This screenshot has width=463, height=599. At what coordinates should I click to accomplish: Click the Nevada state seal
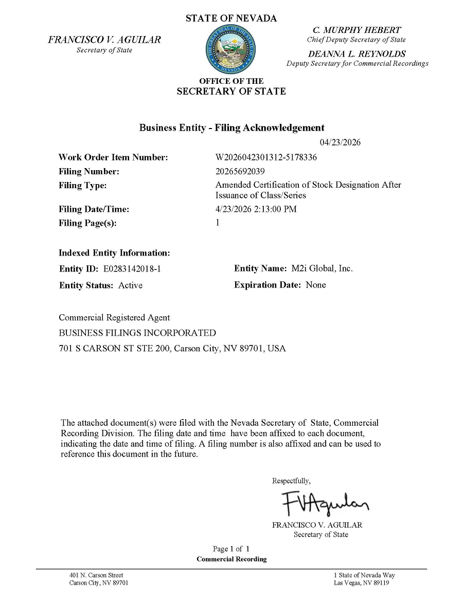point(231,50)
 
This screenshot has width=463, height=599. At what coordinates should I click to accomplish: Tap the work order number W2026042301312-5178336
point(266,157)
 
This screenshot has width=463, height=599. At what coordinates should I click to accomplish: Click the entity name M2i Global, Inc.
point(322,268)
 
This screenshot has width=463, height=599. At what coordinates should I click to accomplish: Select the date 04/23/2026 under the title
point(340,142)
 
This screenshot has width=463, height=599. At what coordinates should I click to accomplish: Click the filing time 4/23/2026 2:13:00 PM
point(256,209)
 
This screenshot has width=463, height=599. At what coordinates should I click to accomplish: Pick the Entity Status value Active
point(131,285)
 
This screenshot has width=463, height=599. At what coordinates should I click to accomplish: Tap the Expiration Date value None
point(316,285)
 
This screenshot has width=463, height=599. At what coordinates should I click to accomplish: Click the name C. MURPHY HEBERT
point(357,30)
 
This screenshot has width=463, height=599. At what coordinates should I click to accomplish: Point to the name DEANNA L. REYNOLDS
point(357,54)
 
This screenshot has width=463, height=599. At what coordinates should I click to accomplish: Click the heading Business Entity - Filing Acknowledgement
point(232,128)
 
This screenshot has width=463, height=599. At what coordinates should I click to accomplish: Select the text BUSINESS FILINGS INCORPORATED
point(137,333)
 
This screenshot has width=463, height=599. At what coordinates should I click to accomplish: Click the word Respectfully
point(291,481)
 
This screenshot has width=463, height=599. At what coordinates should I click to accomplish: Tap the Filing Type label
point(83,185)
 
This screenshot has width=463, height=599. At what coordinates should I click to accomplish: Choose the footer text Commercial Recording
point(232,559)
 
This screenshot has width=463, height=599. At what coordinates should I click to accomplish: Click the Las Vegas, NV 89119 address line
point(361,583)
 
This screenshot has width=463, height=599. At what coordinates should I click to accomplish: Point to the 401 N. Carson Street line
point(96,575)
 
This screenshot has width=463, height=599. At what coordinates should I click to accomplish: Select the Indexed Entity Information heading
point(114,253)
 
